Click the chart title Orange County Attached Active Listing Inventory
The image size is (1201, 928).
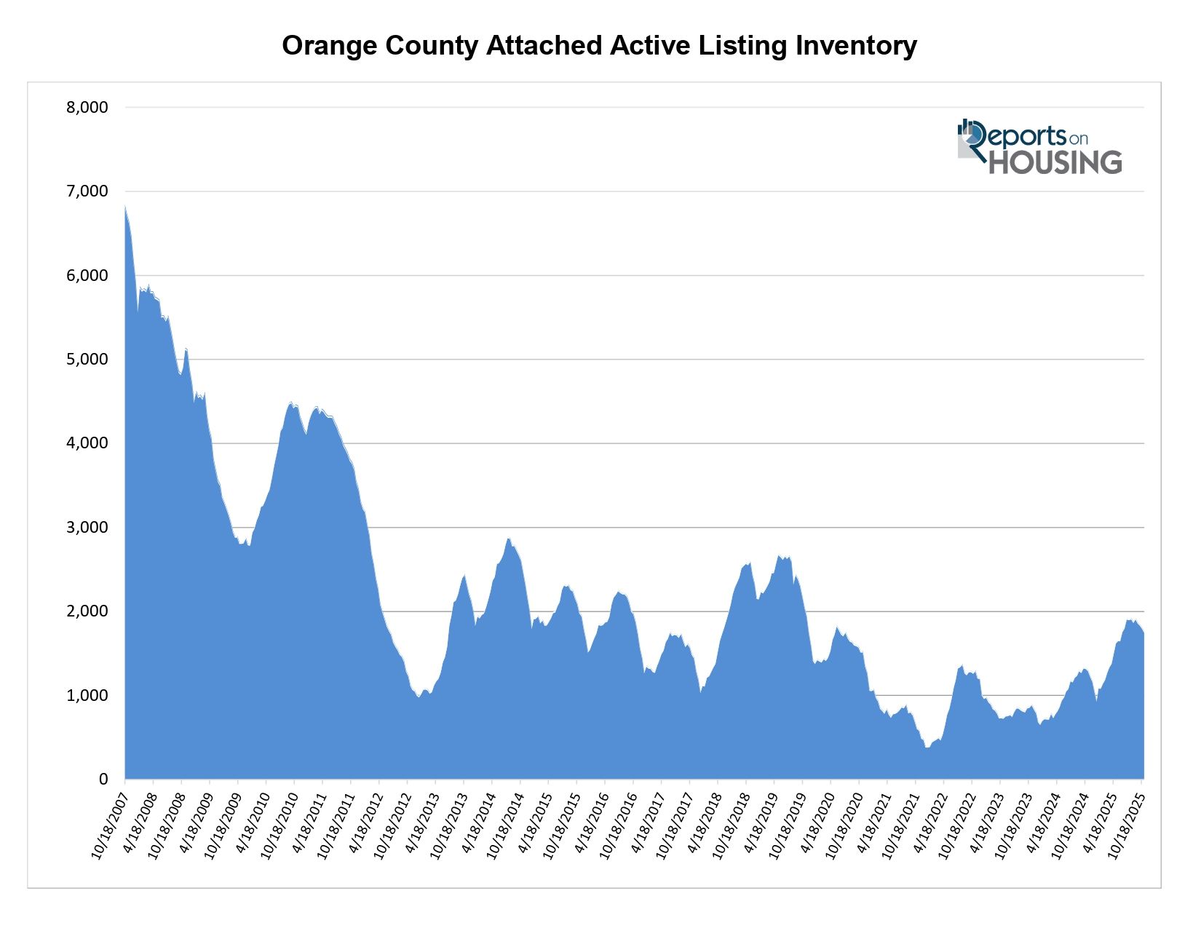[599, 46]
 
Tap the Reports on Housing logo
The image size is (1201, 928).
[1039, 147]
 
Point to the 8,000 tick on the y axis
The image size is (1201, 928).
[87, 108]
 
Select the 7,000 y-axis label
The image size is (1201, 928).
[87, 191]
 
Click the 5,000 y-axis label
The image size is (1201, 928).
[87, 360]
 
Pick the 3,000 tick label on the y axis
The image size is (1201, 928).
[87, 527]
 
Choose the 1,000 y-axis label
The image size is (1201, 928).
[87, 695]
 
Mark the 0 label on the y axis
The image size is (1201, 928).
[103, 780]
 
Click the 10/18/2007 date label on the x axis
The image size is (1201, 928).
[109, 822]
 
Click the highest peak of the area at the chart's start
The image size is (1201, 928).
[125, 207]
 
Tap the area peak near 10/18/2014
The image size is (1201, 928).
[508, 539]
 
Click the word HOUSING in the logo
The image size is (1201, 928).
[1055, 162]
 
